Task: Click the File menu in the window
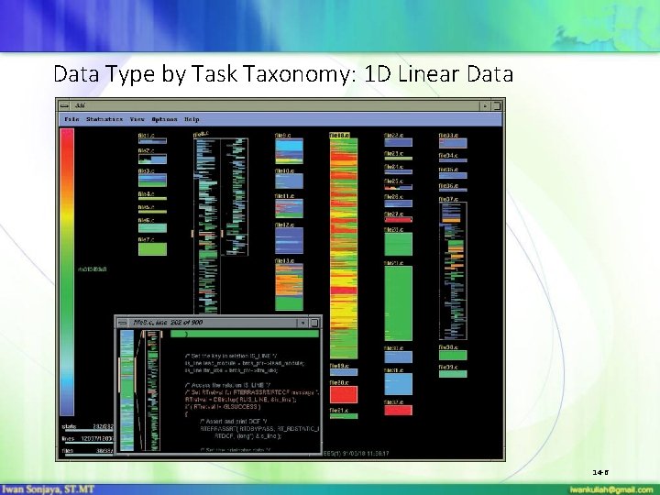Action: [x=71, y=119]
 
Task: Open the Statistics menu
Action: [x=104, y=119]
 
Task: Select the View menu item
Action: [x=137, y=119]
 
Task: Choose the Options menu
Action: [x=165, y=119]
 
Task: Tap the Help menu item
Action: [x=192, y=119]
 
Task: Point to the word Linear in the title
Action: [x=427, y=73]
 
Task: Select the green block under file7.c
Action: [x=152, y=248]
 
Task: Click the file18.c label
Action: [x=339, y=136]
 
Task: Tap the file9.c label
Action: [x=284, y=136]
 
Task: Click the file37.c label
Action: [x=448, y=199]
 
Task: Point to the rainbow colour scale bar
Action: [x=67, y=275]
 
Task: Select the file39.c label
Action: [x=448, y=368]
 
